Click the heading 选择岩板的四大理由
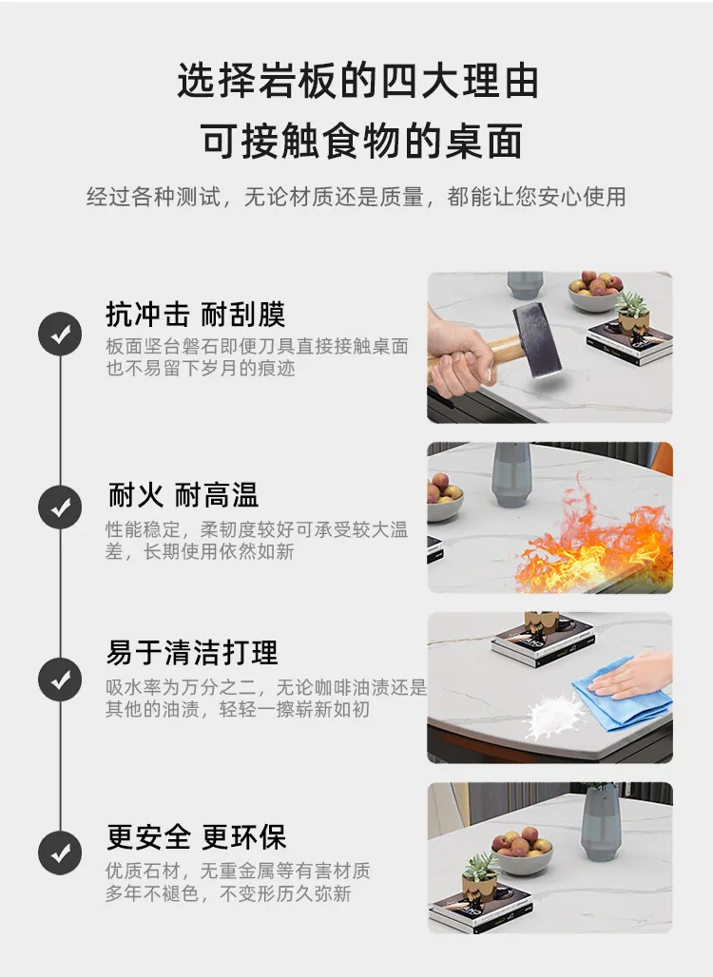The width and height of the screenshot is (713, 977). tap(357, 81)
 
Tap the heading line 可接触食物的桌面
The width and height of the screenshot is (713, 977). tap(361, 141)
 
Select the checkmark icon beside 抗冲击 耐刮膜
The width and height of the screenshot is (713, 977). tap(60, 334)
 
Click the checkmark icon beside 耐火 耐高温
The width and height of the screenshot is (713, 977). tap(60, 508)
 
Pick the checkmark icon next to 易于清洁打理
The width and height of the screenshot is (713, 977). tap(60, 680)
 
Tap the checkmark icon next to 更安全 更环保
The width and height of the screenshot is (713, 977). tap(60, 852)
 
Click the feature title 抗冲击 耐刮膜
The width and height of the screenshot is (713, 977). tap(196, 314)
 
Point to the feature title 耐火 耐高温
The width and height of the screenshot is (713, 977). tap(183, 495)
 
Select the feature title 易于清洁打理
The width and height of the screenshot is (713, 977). tap(192, 653)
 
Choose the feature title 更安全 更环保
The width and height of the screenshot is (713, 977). tap(197, 836)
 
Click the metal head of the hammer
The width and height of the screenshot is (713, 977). tap(536, 339)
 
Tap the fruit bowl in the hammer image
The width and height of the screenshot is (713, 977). tap(595, 292)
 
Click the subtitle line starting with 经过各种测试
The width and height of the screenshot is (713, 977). tap(356, 197)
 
